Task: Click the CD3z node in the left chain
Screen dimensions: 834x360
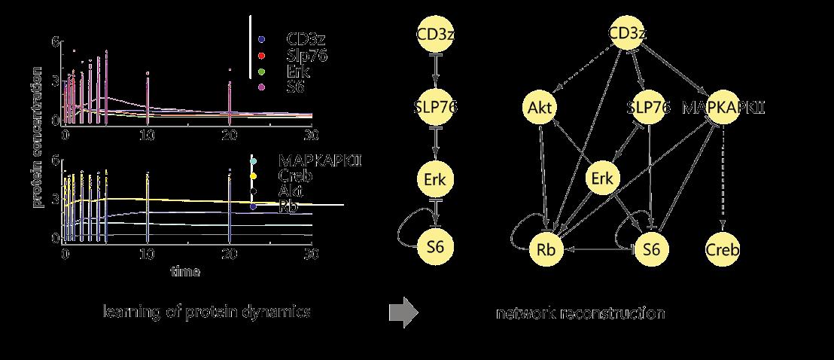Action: (x=436, y=35)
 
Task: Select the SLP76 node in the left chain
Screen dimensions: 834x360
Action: (x=436, y=108)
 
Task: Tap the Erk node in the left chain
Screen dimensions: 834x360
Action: (x=436, y=179)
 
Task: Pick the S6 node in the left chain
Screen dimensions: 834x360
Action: (x=436, y=247)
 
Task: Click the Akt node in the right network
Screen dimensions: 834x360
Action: (x=541, y=108)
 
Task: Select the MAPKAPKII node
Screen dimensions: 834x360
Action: (x=723, y=108)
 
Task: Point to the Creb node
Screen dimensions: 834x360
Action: (x=723, y=248)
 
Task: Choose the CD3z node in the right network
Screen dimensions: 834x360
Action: (x=627, y=35)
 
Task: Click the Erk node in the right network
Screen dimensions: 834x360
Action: (x=603, y=179)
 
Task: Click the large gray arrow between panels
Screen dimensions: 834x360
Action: (x=403, y=313)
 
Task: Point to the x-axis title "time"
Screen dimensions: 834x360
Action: (x=184, y=272)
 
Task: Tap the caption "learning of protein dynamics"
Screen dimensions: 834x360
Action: (x=207, y=312)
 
